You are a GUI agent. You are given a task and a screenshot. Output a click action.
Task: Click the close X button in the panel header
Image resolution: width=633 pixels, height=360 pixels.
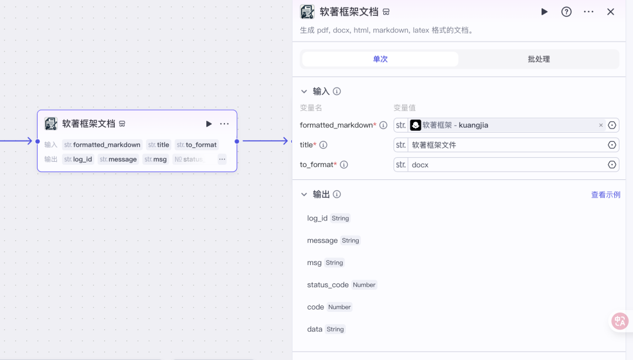610,12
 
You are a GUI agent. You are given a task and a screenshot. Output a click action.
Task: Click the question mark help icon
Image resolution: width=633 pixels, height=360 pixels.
566,12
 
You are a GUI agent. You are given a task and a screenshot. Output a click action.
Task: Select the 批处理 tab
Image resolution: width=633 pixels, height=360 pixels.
539,59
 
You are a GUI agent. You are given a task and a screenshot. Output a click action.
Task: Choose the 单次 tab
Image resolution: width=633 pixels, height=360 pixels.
380,59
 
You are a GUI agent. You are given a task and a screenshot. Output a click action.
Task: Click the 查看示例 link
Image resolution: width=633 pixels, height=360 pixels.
605,195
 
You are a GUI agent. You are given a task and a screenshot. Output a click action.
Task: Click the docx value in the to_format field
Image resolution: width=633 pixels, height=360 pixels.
420,165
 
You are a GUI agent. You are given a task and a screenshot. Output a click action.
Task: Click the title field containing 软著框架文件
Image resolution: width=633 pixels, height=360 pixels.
506,145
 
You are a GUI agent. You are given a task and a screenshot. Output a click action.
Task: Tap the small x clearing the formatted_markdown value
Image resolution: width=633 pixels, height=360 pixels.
601,125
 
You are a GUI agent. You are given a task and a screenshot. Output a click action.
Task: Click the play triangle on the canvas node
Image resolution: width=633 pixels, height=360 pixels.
209,124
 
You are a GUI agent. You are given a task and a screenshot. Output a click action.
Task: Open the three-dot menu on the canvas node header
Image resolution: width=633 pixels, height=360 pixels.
224,124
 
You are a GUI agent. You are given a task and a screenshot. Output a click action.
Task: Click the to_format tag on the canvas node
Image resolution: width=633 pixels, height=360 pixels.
197,145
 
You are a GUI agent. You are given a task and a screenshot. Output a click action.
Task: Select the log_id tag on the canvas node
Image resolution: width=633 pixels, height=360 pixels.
79,159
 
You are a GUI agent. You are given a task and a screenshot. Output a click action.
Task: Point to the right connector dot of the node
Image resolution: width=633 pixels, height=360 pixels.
237,141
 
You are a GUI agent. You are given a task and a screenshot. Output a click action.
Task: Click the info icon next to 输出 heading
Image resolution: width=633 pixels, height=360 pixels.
336,194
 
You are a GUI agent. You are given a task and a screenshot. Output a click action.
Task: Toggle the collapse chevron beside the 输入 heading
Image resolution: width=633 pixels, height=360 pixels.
304,91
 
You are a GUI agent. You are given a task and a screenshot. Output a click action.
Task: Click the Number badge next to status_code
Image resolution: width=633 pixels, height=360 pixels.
364,285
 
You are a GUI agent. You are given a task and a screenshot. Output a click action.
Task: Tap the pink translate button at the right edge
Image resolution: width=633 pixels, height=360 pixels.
620,321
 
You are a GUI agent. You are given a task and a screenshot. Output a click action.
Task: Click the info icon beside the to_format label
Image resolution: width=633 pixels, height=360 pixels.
344,164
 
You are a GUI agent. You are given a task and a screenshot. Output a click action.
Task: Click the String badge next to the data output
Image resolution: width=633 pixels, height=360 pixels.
335,330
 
